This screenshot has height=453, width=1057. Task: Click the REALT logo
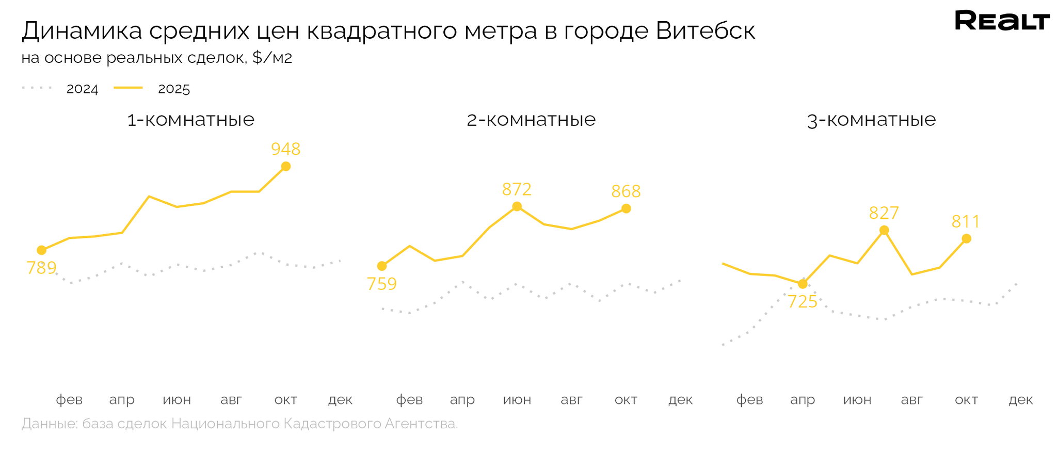(x=1002, y=21)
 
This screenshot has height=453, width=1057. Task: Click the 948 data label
(x=285, y=149)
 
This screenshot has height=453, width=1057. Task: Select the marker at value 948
(x=286, y=166)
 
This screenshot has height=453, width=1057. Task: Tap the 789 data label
(x=41, y=268)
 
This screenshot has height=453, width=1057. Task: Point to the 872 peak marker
(x=517, y=206)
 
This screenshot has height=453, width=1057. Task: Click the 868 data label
(x=626, y=191)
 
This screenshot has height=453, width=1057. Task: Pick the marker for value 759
(x=382, y=266)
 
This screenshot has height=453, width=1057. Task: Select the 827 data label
(x=884, y=213)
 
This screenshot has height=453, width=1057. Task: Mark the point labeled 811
(x=967, y=238)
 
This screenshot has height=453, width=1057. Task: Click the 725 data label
(x=803, y=301)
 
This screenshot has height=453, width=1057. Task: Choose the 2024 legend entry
(x=82, y=89)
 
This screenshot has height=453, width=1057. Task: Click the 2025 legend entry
(x=173, y=89)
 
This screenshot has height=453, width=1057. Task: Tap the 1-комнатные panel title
(x=191, y=120)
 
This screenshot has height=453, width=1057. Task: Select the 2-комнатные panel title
(x=531, y=120)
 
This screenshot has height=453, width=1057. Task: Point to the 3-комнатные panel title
(x=871, y=120)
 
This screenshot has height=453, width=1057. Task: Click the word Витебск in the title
(x=706, y=31)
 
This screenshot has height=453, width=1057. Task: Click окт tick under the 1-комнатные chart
(x=285, y=399)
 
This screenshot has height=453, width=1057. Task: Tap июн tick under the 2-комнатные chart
(x=517, y=399)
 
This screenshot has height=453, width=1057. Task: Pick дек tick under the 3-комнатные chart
(x=1021, y=399)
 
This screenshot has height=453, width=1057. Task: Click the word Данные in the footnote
(x=49, y=424)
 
